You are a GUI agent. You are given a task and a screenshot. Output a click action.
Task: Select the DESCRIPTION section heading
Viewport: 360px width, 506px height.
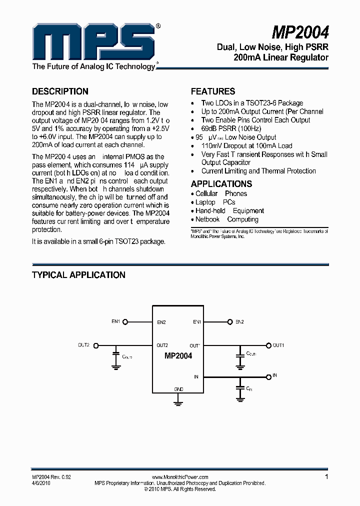[60, 91]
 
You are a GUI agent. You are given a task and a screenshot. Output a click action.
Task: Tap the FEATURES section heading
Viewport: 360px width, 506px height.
[213, 91]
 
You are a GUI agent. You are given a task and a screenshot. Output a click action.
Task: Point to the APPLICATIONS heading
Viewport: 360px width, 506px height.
[221, 183]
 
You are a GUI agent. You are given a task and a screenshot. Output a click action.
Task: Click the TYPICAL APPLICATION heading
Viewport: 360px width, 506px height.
[78, 275]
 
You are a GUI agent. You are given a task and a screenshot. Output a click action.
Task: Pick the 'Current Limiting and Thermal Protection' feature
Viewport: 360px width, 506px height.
[258, 171]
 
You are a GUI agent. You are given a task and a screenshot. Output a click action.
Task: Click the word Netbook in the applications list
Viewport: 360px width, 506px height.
[207, 219]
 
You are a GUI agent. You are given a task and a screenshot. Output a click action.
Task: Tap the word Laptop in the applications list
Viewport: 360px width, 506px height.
[205, 202]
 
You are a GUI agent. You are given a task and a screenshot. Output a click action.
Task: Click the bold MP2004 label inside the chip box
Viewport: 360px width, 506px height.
[178, 356]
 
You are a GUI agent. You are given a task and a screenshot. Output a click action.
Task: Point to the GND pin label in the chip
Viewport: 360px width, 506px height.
[178, 389]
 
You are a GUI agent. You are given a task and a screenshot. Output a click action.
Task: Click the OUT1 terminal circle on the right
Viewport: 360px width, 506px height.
[268, 345]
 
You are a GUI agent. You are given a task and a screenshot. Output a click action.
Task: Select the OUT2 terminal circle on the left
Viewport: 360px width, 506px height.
[96, 345]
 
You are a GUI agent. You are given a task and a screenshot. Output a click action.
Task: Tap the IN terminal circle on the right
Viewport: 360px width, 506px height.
[268, 376]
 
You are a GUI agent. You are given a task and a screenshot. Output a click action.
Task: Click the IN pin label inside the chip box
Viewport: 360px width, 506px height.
[196, 376]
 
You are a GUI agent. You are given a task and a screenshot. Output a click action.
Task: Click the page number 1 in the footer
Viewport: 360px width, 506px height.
[326, 477]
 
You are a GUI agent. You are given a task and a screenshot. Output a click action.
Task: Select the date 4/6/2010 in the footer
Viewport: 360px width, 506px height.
[41, 483]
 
